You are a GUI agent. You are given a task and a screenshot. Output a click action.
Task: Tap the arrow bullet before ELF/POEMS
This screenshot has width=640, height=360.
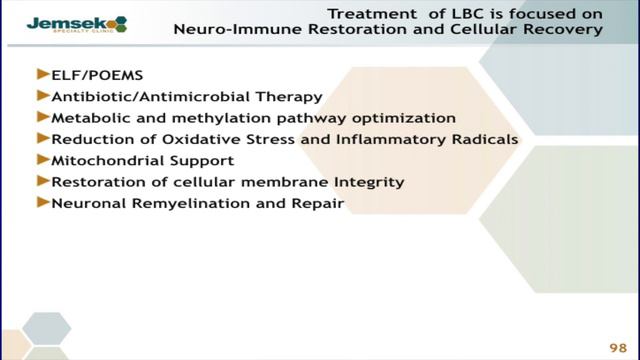[42, 75]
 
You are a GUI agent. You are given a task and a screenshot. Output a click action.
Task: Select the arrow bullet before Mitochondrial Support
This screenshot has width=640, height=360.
[42, 160]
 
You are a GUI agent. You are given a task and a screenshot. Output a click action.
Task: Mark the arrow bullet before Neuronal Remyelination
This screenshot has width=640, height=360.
[42, 203]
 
